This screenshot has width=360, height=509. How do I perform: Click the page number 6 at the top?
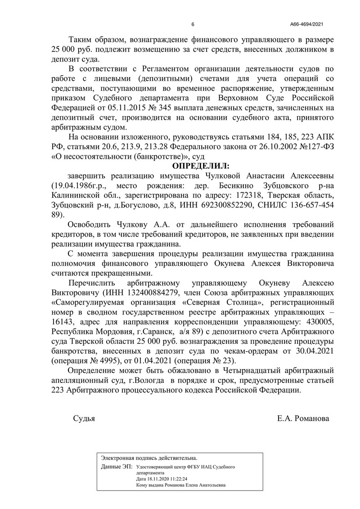(193, 24)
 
